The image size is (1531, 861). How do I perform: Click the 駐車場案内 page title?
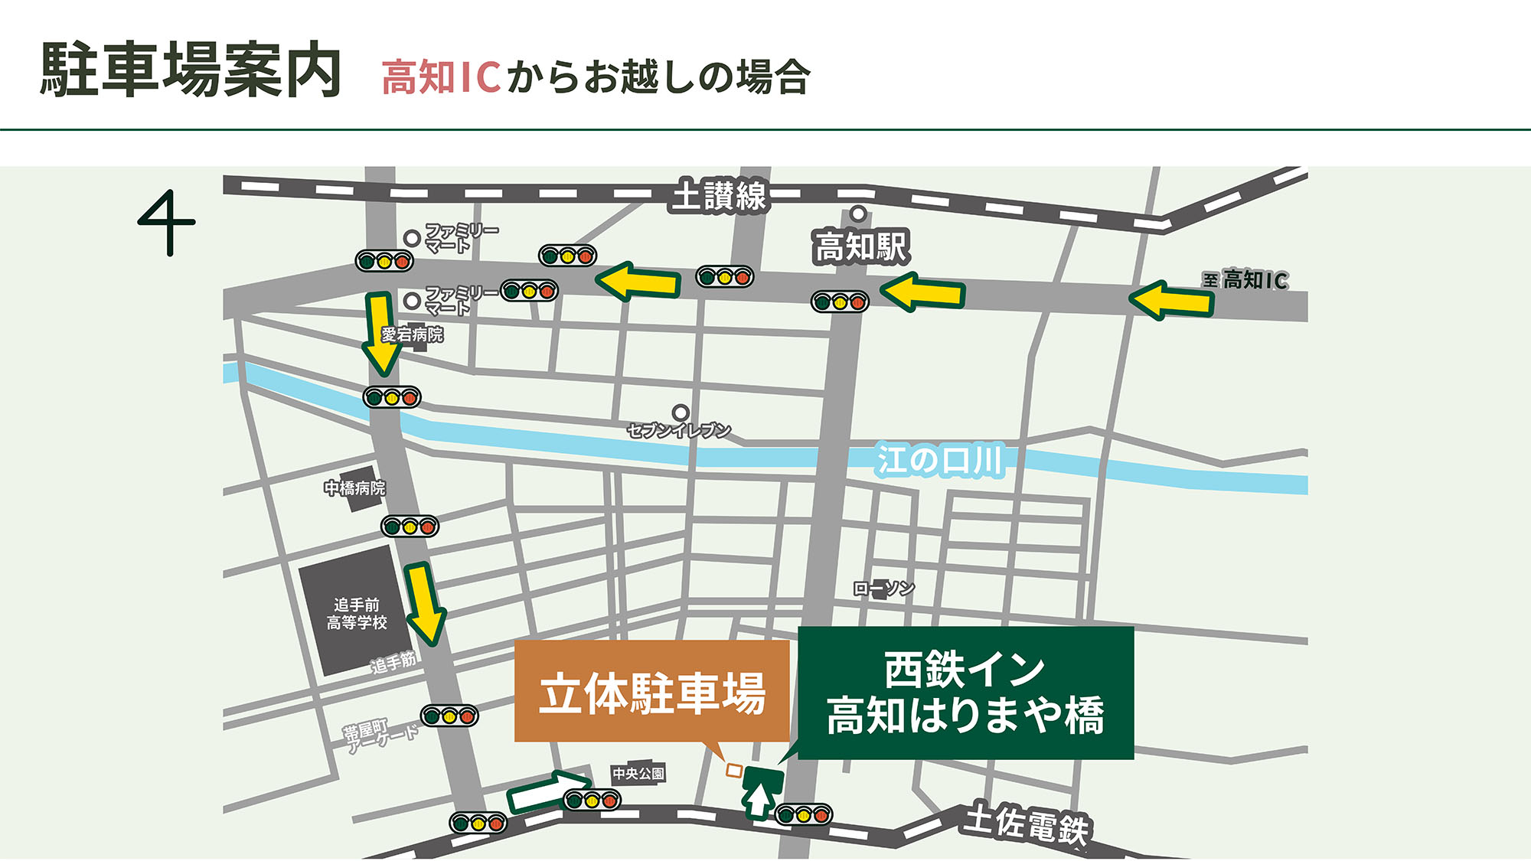(x=191, y=70)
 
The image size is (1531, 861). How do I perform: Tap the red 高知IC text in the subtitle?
(x=441, y=77)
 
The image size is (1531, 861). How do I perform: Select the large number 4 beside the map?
(x=166, y=223)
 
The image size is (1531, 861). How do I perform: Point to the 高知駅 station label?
(x=861, y=247)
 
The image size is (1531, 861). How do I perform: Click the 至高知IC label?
(x=1245, y=280)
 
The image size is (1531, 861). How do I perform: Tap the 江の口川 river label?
(x=939, y=461)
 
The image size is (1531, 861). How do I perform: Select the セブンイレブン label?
(x=679, y=431)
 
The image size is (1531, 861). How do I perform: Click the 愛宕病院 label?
(x=412, y=334)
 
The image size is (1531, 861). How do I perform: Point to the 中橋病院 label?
(x=354, y=488)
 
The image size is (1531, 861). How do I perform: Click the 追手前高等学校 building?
(x=356, y=612)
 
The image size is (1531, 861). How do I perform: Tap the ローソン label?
(x=884, y=589)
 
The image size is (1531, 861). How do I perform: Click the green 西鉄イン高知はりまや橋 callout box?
(x=965, y=693)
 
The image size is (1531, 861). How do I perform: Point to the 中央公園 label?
(x=638, y=774)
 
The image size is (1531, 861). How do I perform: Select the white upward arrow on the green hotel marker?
(x=759, y=801)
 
